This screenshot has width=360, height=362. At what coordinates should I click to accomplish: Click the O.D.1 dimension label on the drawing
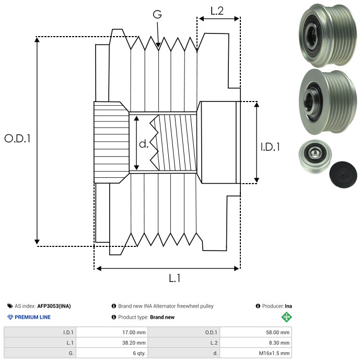(18, 139)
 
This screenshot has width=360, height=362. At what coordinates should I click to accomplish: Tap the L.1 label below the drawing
(175, 279)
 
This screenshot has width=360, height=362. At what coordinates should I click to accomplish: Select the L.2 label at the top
(217, 10)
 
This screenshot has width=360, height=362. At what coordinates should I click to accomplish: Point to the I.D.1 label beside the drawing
(270, 148)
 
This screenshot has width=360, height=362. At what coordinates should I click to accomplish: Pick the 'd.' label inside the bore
(144, 144)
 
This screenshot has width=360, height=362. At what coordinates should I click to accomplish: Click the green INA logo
(286, 317)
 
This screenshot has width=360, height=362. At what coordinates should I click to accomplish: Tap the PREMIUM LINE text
(33, 317)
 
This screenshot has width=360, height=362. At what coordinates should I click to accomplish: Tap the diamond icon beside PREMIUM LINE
(10, 317)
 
